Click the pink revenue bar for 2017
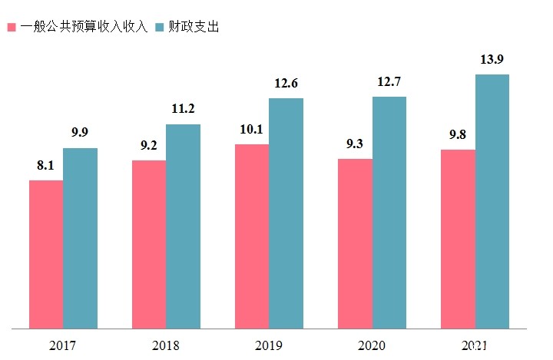point(46,254)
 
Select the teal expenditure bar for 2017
point(80,238)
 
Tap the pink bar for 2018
point(149,244)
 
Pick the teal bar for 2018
point(183,226)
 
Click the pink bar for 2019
point(252,236)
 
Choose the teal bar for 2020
point(389,213)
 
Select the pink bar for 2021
point(458,239)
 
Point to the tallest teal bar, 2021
point(492,201)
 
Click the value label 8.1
point(45,164)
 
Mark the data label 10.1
point(251,128)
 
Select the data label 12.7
point(389,81)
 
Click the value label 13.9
point(492,59)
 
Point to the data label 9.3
point(354,143)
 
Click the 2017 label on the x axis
point(63,345)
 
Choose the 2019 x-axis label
point(269,345)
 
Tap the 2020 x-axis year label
point(372,345)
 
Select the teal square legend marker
point(159,28)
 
